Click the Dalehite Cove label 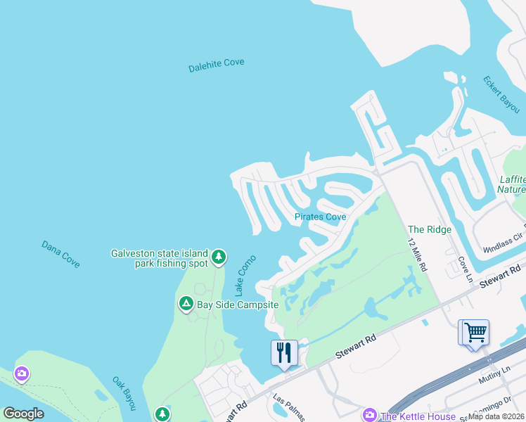[217, 65]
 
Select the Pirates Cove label [320, 217]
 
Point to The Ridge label [430, 229]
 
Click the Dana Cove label [60, 253]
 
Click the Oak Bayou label [124, 392]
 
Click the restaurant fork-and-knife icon [285, 352]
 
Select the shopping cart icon [473, 331]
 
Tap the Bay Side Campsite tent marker [186, 304]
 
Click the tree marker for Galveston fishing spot [219, 257]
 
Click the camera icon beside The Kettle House [368, 416]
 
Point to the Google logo [23, 413]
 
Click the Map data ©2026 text [496, 416]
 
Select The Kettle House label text [418, 416]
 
